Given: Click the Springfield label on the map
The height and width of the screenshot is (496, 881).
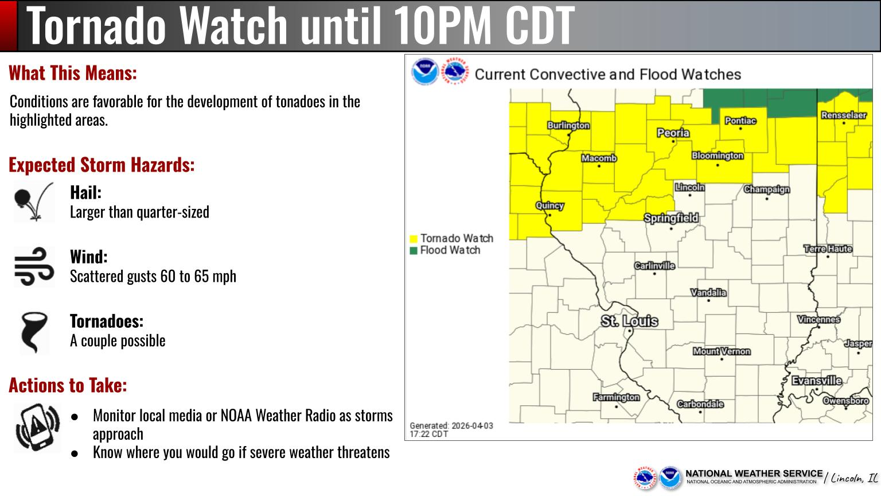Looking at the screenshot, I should click(671, 218).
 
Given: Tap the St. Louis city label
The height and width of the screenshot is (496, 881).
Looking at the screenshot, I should click(629, 321).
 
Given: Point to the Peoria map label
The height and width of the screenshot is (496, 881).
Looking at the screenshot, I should click(673, 133).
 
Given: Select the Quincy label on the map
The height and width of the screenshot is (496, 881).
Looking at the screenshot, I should click(549, 206).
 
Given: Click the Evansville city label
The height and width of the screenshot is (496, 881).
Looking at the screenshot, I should click(817, 381).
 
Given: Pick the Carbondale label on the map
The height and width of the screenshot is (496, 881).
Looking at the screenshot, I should click(700, 404).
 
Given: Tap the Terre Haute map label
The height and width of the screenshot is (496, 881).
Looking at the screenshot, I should click(828, 249).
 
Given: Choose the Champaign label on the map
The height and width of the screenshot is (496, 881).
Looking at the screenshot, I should click(767, 189).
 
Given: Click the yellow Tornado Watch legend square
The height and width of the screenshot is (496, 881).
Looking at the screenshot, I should click(413, 239).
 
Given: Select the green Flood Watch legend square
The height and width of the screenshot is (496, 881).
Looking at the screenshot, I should click(413, 251).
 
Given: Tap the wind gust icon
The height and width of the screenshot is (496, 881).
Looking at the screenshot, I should click(34, 266).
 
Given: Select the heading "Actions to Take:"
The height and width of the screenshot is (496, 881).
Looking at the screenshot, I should click(68, 385).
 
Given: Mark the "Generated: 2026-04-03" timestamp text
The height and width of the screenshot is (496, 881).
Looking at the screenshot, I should click(451, 426).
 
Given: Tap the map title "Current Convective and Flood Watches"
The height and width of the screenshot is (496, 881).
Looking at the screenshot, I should click(607, 75).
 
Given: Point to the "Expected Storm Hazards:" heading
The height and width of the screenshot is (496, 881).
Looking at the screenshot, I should click(102, 165).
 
